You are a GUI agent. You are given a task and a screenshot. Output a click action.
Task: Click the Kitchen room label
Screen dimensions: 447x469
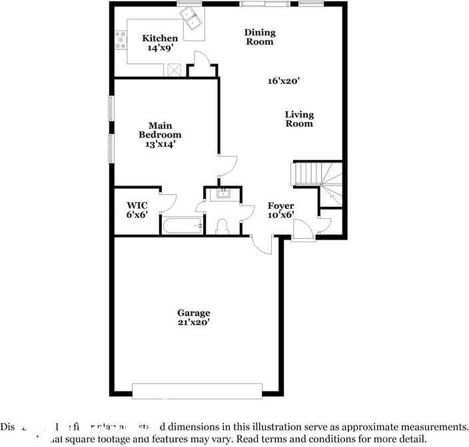(x=161, y=39)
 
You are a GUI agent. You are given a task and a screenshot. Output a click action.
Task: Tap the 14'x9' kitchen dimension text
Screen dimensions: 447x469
(x=161, y=49)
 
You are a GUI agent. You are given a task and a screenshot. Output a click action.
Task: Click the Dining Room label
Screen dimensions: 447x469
(x=259, y=37)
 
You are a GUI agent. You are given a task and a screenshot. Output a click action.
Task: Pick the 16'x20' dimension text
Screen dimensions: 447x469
(x=283, y=81)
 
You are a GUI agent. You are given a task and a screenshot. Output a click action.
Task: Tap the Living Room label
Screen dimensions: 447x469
(x=299, y=119)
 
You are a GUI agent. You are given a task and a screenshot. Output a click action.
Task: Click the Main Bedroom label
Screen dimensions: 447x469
(x=160, y=130)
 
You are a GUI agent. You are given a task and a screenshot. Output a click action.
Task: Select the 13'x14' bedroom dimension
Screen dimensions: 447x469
(x=160, y=143)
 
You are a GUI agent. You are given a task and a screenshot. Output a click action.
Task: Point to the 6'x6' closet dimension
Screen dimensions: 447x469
(x=137, y=215)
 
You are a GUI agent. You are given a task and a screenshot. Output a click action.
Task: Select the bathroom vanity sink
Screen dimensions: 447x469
(x=223, y=194)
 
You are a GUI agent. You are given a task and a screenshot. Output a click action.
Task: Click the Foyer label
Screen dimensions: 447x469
(x=280, y=205)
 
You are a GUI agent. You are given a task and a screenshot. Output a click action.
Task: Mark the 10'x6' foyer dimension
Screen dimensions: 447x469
(x=280, y=215)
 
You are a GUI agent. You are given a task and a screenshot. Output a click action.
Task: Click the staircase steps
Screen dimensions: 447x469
(x=309, y=175)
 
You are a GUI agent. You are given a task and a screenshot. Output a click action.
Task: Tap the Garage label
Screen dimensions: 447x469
(x=193, y=312)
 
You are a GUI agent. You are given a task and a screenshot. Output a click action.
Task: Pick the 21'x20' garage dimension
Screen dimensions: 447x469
(x=193, y=322)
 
